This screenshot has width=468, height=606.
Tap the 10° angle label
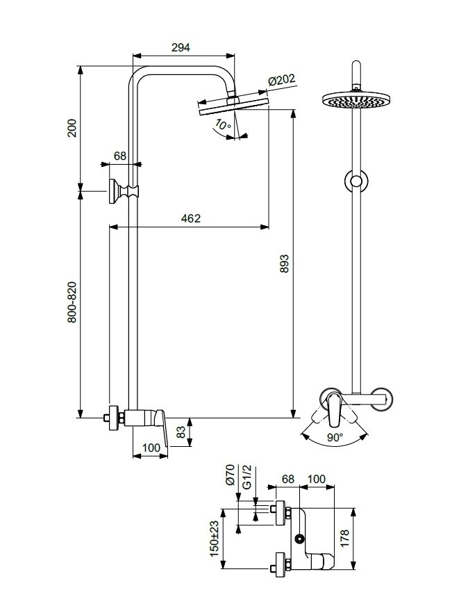click(x=222, y=125)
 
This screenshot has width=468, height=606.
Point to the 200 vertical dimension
click(x=72, y=128)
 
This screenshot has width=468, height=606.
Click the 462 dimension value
click(x=190, y=218)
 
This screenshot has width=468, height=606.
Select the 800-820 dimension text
click(x=72, y=302)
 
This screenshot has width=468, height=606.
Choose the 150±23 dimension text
click(x=215, y=539)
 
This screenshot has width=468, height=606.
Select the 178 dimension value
click(x=365, y=539)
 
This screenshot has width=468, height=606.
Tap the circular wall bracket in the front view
click(x=356, y=182)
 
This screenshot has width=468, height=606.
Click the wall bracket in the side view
click(x=119, y=188)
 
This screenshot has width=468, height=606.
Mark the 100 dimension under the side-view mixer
click(x=150, y=449)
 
